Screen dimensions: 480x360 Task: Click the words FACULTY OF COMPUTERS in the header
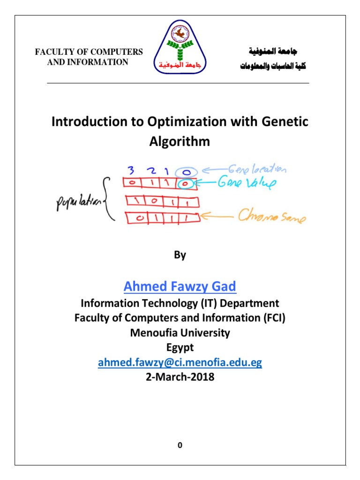(x=89, y=52)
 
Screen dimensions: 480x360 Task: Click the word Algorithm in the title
(x=180, y=141)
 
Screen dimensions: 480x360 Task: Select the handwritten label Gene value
(x=247, y=184)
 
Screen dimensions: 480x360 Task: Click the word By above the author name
(x=180, y=255)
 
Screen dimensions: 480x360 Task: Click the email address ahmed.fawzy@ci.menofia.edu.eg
(x=180, y=363)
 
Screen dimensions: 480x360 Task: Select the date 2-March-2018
(x=180, y=376)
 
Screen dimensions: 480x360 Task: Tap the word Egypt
(x=180, y=348)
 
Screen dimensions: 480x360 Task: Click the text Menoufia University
(x=180, y=333)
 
